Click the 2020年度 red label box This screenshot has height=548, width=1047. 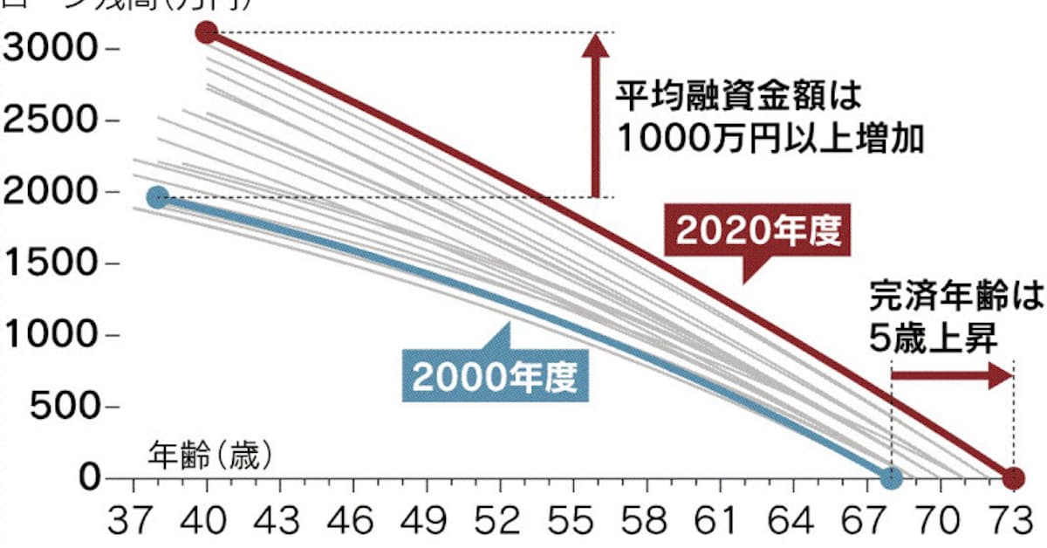coord(757,230)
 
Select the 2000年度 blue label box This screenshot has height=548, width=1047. coord(496,376)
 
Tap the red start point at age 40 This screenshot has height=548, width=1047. coord(207,33)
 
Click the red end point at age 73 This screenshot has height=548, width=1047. coord(1012,478)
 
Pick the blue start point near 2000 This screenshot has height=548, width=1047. coord(157,197)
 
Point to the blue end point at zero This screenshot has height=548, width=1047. coord(891,478)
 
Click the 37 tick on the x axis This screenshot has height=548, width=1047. coord(131,524)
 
